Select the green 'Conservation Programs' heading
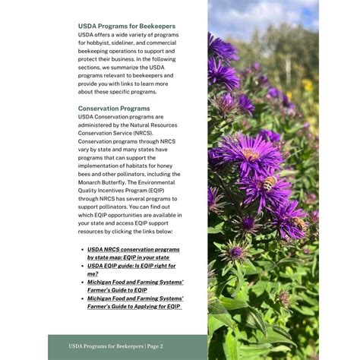(x=114, y=109)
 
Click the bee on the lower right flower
(x=302, y=224)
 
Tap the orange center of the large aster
(x=251, y=155)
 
